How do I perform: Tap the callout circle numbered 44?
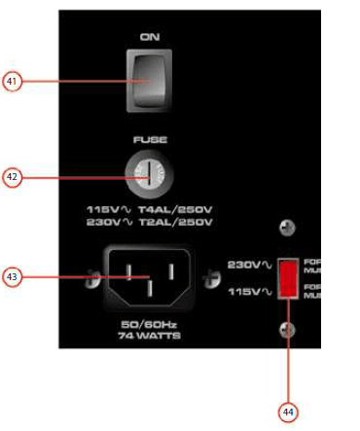click(288, 411)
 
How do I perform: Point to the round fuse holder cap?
click(150, 176)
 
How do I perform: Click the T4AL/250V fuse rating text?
click(182, 209)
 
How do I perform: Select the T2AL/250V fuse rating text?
click(182, 223)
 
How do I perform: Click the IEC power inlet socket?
click(149, 281)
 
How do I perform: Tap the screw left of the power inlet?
click(90, 282)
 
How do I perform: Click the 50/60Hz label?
click(149, 322)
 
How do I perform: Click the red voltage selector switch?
click(288, 279)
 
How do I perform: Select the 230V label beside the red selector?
click(244, 265)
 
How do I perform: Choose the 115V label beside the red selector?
click(244, 292)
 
